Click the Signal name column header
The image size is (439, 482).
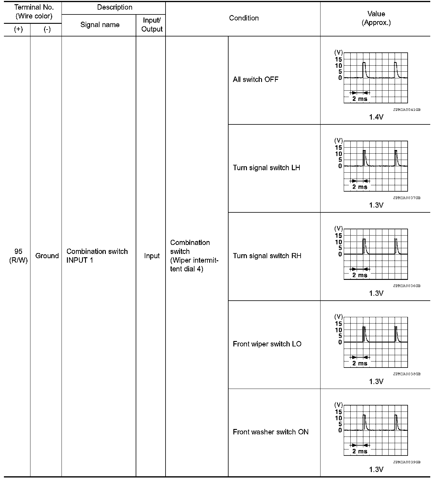coord(100,25)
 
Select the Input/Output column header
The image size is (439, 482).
coord(152,25)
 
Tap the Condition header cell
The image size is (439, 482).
coord(244,18)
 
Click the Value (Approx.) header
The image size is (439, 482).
coord(376,18)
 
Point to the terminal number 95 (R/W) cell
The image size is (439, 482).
coord(18,256)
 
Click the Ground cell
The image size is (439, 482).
coord(47,256)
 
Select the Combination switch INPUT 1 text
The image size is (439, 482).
coord(97,256)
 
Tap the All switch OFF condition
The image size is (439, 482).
coord(256,80)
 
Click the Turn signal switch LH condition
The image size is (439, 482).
coord(267,168)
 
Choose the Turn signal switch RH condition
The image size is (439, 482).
coord(267,256)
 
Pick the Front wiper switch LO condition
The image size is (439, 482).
coord(267,344)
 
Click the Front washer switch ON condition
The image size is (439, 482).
coord(270,432)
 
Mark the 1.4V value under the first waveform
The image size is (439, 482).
coord(376,117)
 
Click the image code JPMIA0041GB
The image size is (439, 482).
coord(406,110)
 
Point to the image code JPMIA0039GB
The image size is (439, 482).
coord(406,462)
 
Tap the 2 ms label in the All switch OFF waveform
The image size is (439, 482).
coord(360,99)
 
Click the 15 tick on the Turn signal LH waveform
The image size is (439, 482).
coord(338,148)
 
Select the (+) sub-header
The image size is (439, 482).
coord(18,30)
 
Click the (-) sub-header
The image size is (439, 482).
coord(47,30)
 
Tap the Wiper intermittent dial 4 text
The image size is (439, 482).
coord(194,264)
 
